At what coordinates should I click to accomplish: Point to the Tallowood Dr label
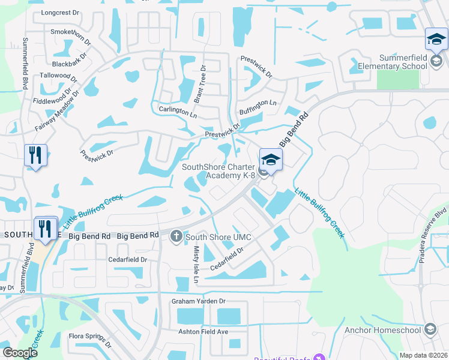pos(58,76)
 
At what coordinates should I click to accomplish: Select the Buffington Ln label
pos(258,103)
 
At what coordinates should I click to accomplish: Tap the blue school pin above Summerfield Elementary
pos(436,40)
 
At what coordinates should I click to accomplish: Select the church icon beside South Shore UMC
pos(176,236)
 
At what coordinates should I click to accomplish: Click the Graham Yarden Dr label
pos(198,301)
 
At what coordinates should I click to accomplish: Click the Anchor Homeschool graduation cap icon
pos(430,329)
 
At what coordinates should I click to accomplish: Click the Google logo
pos(20,353)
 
